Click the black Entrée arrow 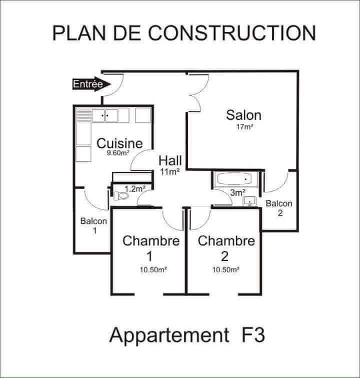[x=91, y=84]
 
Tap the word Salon [x=243, y=115]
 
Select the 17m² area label [x=244, y=127]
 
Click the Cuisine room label [x=119, y=143]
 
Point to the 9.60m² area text [x=118, y=153]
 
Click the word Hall [x=170, y=161]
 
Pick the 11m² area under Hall [x=169, y=172]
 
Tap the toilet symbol [x=120, y=196]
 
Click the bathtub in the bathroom [x=234, y=179]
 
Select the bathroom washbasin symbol [x=249, y=201]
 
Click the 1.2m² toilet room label [x=134, y=189]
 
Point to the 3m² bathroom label [x=238, y=192]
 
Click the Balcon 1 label [x=93, y=226]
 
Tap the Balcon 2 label [x=279, y=208]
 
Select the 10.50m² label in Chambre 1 [x=153, y=270]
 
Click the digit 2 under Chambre [x=224, y=256]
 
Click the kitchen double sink [x=105, y=116]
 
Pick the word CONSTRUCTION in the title [x=232, y=33]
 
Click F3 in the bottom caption [x=253, y=335]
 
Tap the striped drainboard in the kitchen [x=84, y=115]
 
